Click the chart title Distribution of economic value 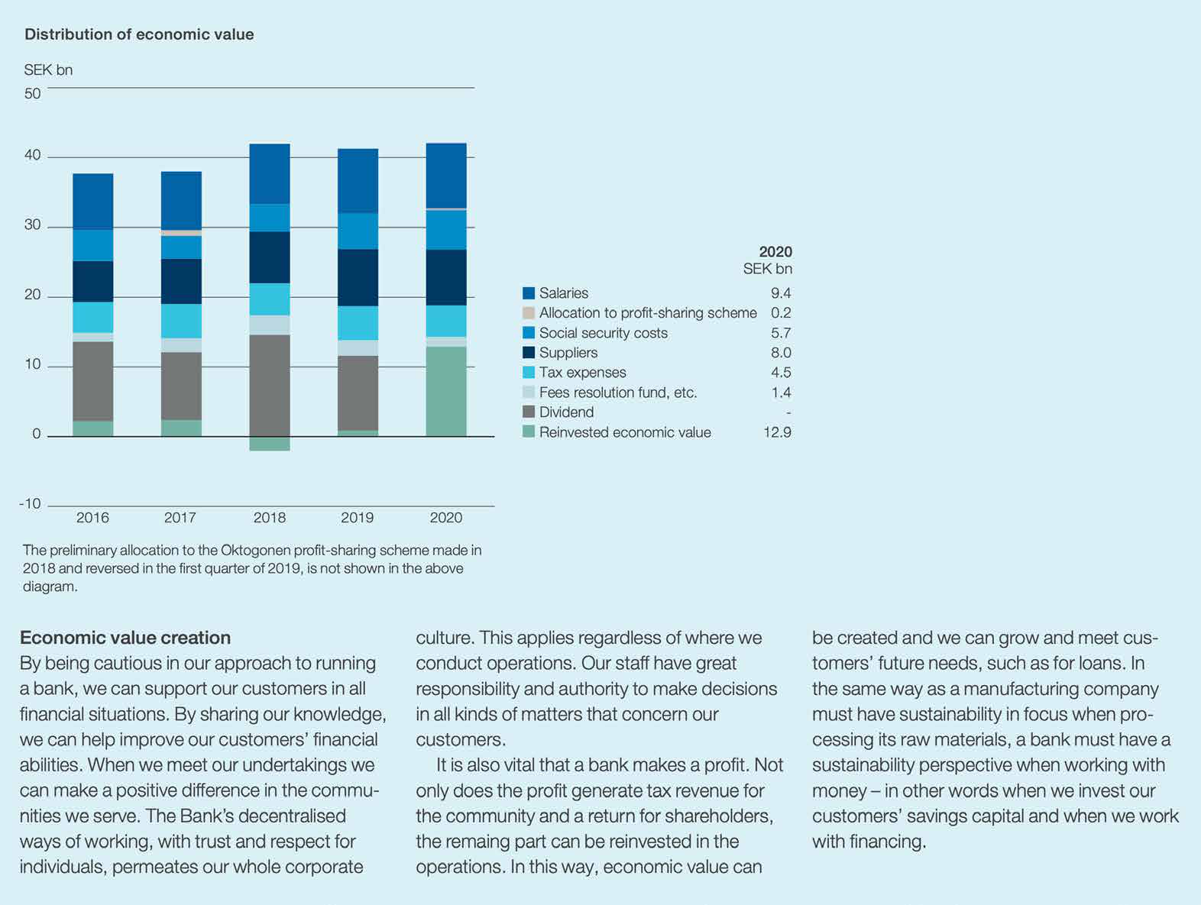[139, 34]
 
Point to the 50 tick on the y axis [32, 94]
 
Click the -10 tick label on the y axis [30, 503]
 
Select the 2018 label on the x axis [269, 518]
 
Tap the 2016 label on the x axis [92, 518]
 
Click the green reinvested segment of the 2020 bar [446, 391]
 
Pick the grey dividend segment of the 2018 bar [270, 386]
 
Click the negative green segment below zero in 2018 [270, 444]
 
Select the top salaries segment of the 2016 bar [93, 201]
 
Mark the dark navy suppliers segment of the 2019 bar [358, 277]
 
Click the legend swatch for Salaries [529, 293]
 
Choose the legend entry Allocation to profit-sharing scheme [647, 313]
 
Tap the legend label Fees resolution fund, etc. [617, 393]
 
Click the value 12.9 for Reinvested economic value [777, 432]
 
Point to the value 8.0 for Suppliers [781, 353]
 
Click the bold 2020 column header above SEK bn [775, 252]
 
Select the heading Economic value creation [125, 638]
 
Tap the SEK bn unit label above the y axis [48, 70]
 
